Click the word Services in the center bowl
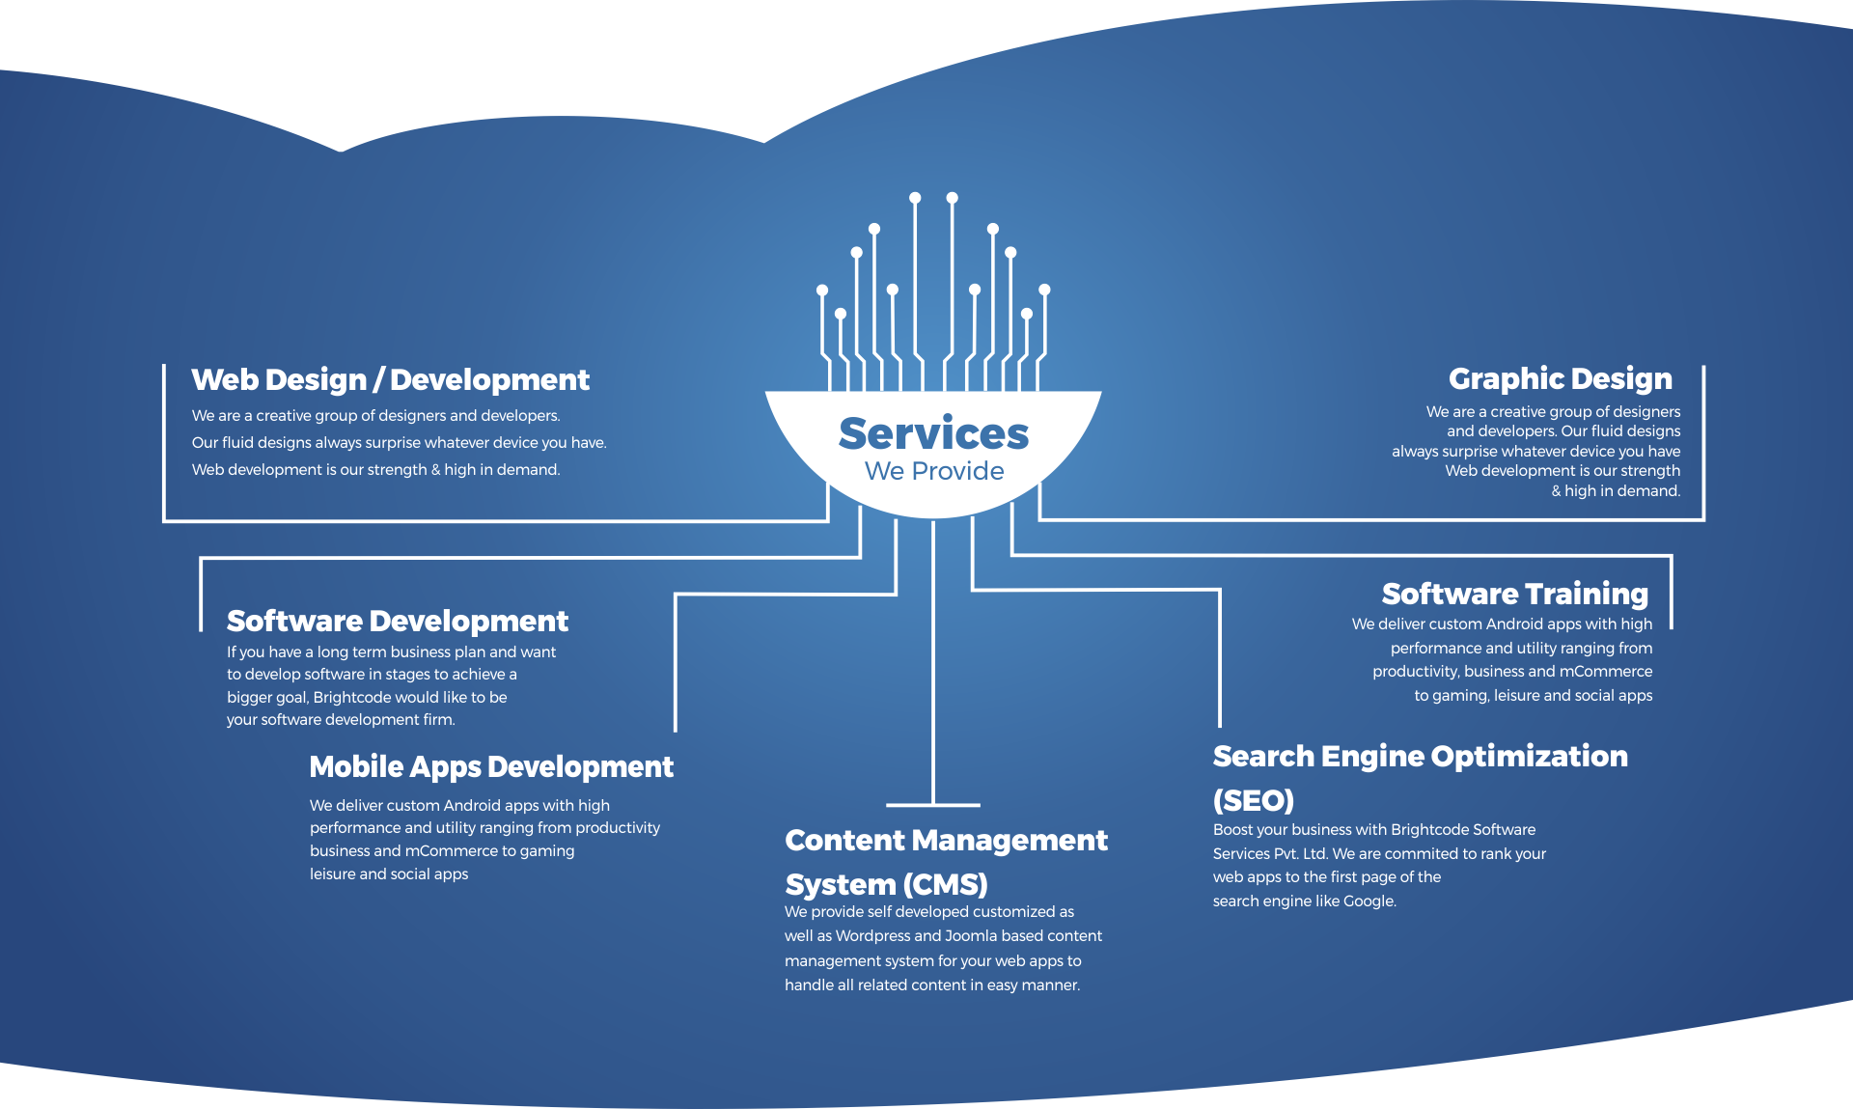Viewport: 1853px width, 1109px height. tap(933, 434)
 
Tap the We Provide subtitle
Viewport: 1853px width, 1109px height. tap(934, 471)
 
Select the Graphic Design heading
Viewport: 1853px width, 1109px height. tap(1560, 379)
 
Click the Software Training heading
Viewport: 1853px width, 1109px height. tap(1514, 594)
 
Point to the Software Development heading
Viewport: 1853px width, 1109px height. tap(397, 621)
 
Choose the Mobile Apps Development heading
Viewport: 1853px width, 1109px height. tap(490, 767)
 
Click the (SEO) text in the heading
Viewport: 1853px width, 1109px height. tap(1253, 800)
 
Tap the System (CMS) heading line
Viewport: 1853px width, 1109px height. tap(886, 884)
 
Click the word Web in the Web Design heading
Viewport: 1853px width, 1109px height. tap(224, 380)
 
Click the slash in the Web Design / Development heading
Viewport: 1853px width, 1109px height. tap(378, 380)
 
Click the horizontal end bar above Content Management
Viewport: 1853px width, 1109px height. tap(932, 804)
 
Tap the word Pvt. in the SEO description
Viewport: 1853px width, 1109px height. tap(1280, 854)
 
